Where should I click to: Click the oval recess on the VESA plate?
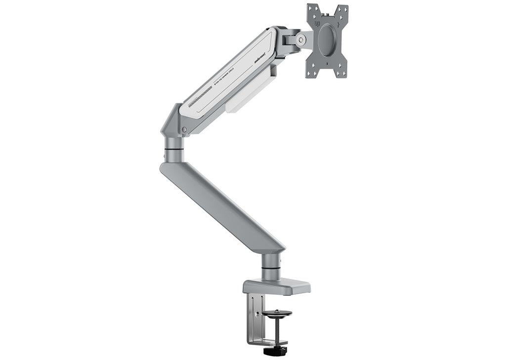(x=326, y=39)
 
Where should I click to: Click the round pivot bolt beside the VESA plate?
(x=300, y=41)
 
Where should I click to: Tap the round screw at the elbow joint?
(x=184, y=130)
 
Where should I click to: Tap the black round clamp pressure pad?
(x=276, y=313)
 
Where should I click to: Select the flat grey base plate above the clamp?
(x=277, y=286)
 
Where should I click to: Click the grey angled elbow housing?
(x=170, y=121)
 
